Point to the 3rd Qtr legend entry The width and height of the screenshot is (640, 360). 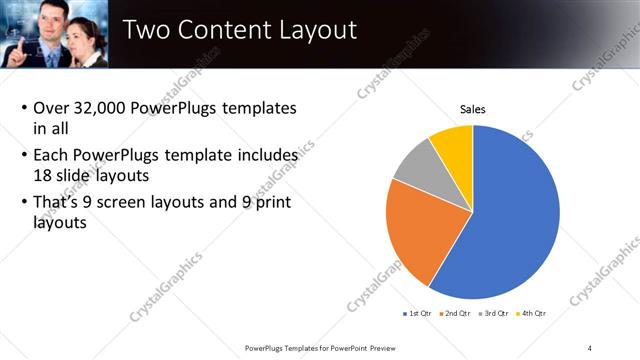point(496,314)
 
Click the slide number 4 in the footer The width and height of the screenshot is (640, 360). point(590,347)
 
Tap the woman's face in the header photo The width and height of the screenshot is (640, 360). point(88,28)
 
